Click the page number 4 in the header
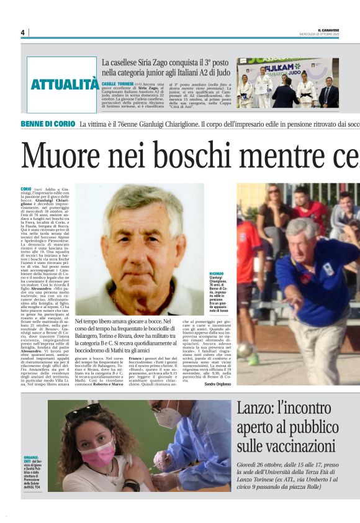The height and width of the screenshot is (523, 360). click(22, 32)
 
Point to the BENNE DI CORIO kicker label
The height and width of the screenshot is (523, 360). click(47, 124)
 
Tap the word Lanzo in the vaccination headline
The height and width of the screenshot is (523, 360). click(256, 409)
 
